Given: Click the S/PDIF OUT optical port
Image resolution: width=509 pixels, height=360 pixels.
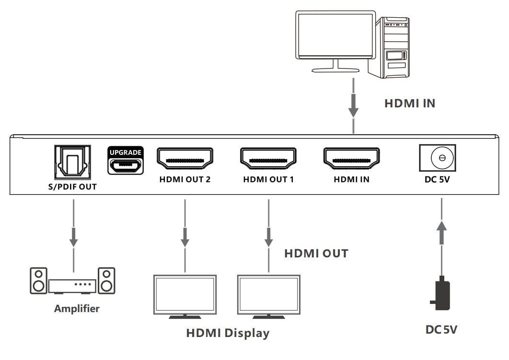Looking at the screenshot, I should (x=73, y=162).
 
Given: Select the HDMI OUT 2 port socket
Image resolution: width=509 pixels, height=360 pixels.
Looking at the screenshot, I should (x=185, y=159).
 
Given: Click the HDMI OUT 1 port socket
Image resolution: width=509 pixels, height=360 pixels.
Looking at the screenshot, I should (x=268, y=159).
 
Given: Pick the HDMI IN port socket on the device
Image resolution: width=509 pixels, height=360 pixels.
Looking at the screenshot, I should (x=352, y=159).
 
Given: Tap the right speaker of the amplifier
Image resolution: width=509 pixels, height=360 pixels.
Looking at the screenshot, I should (x=106, y=280).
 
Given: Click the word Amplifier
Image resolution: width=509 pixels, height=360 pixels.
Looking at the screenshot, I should (x=77, y=308).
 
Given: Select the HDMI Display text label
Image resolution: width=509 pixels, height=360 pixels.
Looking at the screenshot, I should (x=228, y=333).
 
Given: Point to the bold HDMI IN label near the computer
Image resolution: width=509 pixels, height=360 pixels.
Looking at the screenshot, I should (x=410, y=103).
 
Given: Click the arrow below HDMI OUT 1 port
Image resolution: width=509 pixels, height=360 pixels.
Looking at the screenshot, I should (x=269, y=236).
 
